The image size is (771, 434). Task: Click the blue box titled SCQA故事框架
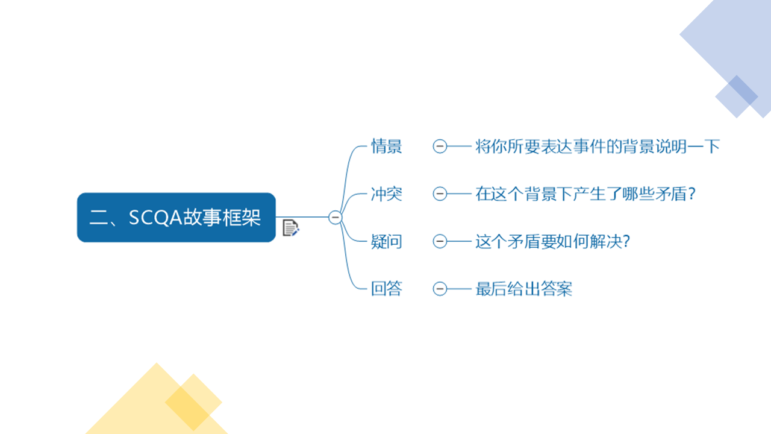(x=176, y=218)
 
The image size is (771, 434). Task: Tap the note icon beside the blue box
(x=291, y=228)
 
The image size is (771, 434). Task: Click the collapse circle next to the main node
(x=336, y=218)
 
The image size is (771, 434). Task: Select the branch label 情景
(x=386, y=146)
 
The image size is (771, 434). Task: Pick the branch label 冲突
(x=386, y=193)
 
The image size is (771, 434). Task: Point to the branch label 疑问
(x=386, y=241)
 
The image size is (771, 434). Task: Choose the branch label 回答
(x=386, y=289)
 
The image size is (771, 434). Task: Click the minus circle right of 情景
(x=440, y=146)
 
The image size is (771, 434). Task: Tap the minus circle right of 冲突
(x=440, y=193)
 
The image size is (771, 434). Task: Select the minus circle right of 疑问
(x=440, y=241)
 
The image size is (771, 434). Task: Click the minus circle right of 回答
(x=440, y=289)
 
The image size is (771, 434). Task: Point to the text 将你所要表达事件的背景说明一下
(x=598, y=146)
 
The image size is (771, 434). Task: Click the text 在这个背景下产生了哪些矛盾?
(x=585, y=193)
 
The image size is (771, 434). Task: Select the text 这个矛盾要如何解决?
(x=553, y=241)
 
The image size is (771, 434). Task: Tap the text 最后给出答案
(x=524, y=289)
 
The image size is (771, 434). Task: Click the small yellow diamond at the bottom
(x=193, y=402)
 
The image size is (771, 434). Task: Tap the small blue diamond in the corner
(x=737, y=96)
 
